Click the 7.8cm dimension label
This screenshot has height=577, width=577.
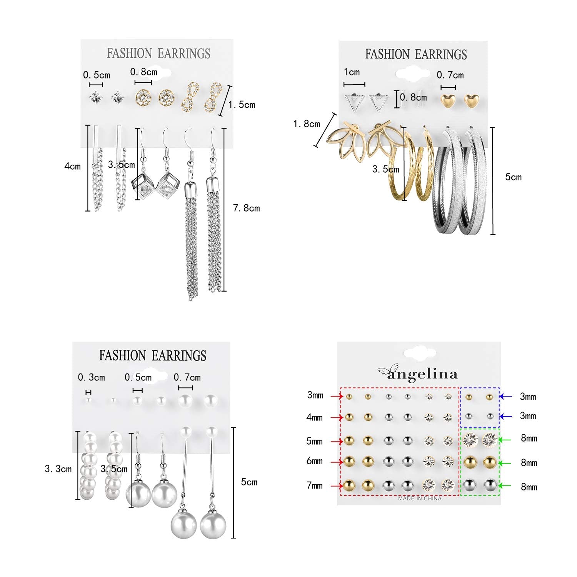tap(246, 208)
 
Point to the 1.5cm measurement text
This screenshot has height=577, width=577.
tap(242, 105)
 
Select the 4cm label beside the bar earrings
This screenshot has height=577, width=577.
tap(72, 166)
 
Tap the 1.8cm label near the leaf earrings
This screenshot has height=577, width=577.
tap(307, 124)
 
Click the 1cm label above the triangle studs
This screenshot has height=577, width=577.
tap(352, 72)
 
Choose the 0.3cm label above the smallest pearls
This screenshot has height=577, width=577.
tap(91, 377)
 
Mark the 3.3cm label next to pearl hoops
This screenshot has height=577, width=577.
tap(58, 469)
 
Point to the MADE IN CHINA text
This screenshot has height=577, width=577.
tap(420, 498)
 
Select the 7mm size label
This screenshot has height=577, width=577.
tap(314, 485)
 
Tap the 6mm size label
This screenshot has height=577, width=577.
tap(314, 461)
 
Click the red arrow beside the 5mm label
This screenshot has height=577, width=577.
tap(337, 442)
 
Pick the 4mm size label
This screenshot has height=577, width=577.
tap(314, 417)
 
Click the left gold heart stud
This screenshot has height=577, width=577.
tap(448, 101)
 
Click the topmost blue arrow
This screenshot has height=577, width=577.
tap(505, 396)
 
